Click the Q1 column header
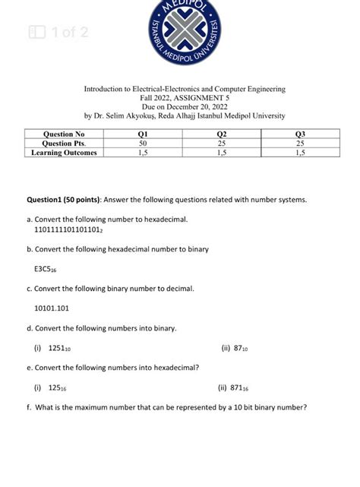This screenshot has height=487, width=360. click(x=143, y=134)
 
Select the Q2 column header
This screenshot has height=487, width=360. click(x=221, y=134)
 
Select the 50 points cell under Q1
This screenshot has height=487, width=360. click(x=143, y=144)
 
